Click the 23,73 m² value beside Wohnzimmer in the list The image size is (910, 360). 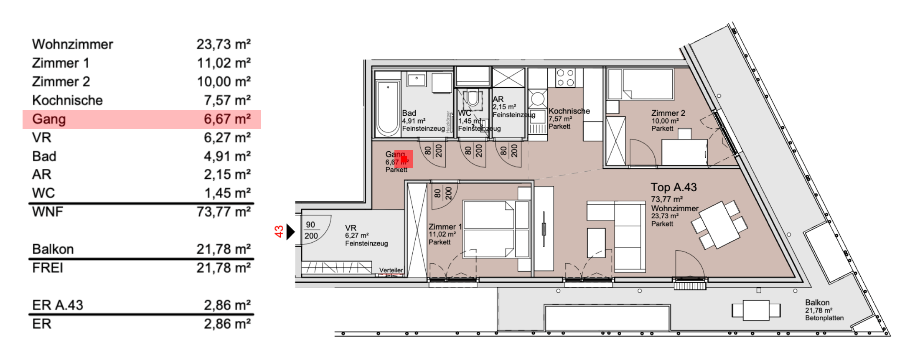(223, 44)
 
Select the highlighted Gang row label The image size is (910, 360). (49, 119)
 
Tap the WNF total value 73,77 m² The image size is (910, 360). (223, 212)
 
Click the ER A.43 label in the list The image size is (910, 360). (58, 305)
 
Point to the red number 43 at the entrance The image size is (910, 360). (279, 231)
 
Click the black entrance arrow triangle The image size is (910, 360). (290, 231)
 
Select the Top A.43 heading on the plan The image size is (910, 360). (674, 188)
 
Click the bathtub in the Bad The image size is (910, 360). (387, 108)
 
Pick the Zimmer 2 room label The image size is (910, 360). (668, 113)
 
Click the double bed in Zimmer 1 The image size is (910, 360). (489, 229)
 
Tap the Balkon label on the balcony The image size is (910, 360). (817, 303)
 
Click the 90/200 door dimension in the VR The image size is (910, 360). (311, 230)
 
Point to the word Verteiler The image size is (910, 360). (391, 270)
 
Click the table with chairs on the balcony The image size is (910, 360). (756, 310)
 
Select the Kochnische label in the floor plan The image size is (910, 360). (569, 111)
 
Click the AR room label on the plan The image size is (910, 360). (498, 99)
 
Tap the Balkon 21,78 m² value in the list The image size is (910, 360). (223, 249)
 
